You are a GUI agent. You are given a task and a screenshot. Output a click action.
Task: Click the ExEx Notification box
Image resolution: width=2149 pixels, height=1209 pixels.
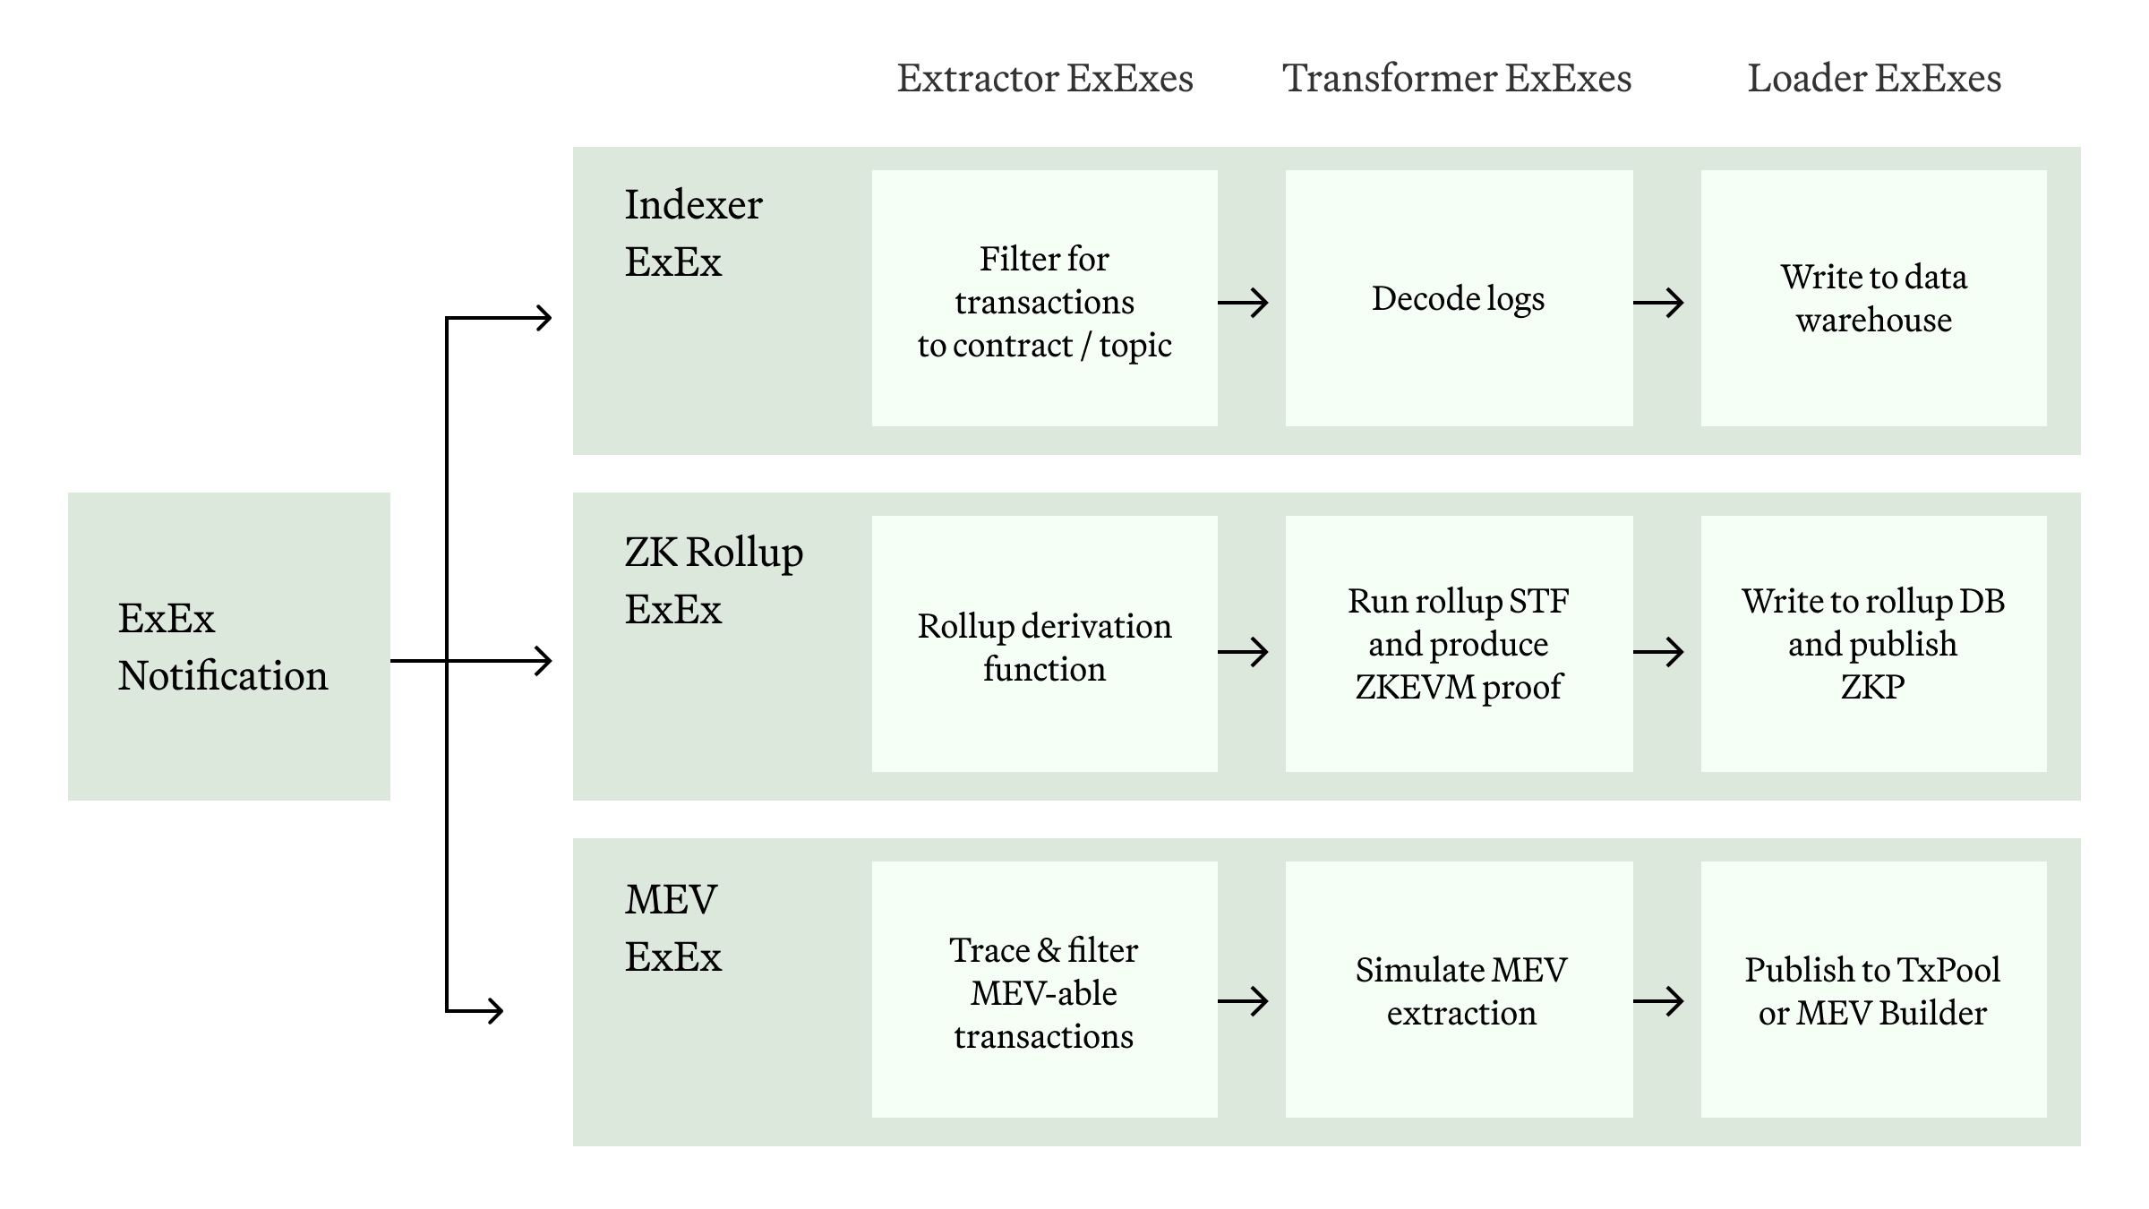pos(228,646)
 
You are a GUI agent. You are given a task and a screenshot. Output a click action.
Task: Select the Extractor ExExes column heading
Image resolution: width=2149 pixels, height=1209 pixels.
pos(1045,79)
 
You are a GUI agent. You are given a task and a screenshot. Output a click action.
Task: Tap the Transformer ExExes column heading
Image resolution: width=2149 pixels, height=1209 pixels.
pos(1457,79)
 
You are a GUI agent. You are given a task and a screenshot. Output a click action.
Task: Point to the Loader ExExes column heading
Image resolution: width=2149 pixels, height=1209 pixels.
pos(1874,79)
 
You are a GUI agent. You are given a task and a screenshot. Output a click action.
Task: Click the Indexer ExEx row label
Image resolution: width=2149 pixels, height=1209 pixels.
pos(693,233)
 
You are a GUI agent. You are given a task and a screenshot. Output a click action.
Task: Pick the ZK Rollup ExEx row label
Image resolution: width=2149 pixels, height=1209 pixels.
pos(714,580)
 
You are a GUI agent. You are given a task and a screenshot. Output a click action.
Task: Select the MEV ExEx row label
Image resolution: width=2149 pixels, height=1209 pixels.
pos(672,928)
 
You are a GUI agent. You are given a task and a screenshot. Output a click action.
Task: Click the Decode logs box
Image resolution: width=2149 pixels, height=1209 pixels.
pos(1459,298)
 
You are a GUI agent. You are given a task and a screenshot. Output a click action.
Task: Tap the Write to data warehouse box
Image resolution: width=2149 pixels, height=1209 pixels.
pos(1873,298)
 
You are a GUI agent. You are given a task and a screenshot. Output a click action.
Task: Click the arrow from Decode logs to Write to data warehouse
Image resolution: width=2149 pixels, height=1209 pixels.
pos(1658,303)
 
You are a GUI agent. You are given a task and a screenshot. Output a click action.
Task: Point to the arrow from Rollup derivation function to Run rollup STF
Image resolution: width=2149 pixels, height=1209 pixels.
pos(1244,651)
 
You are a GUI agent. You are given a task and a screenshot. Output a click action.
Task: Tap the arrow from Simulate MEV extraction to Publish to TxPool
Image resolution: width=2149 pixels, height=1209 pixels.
pos(1658,1000)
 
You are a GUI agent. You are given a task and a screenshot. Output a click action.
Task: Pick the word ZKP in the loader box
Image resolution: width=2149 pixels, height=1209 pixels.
pos(1872,687)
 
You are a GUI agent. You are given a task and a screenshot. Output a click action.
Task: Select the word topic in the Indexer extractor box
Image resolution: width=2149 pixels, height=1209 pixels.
pos(1135,346)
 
